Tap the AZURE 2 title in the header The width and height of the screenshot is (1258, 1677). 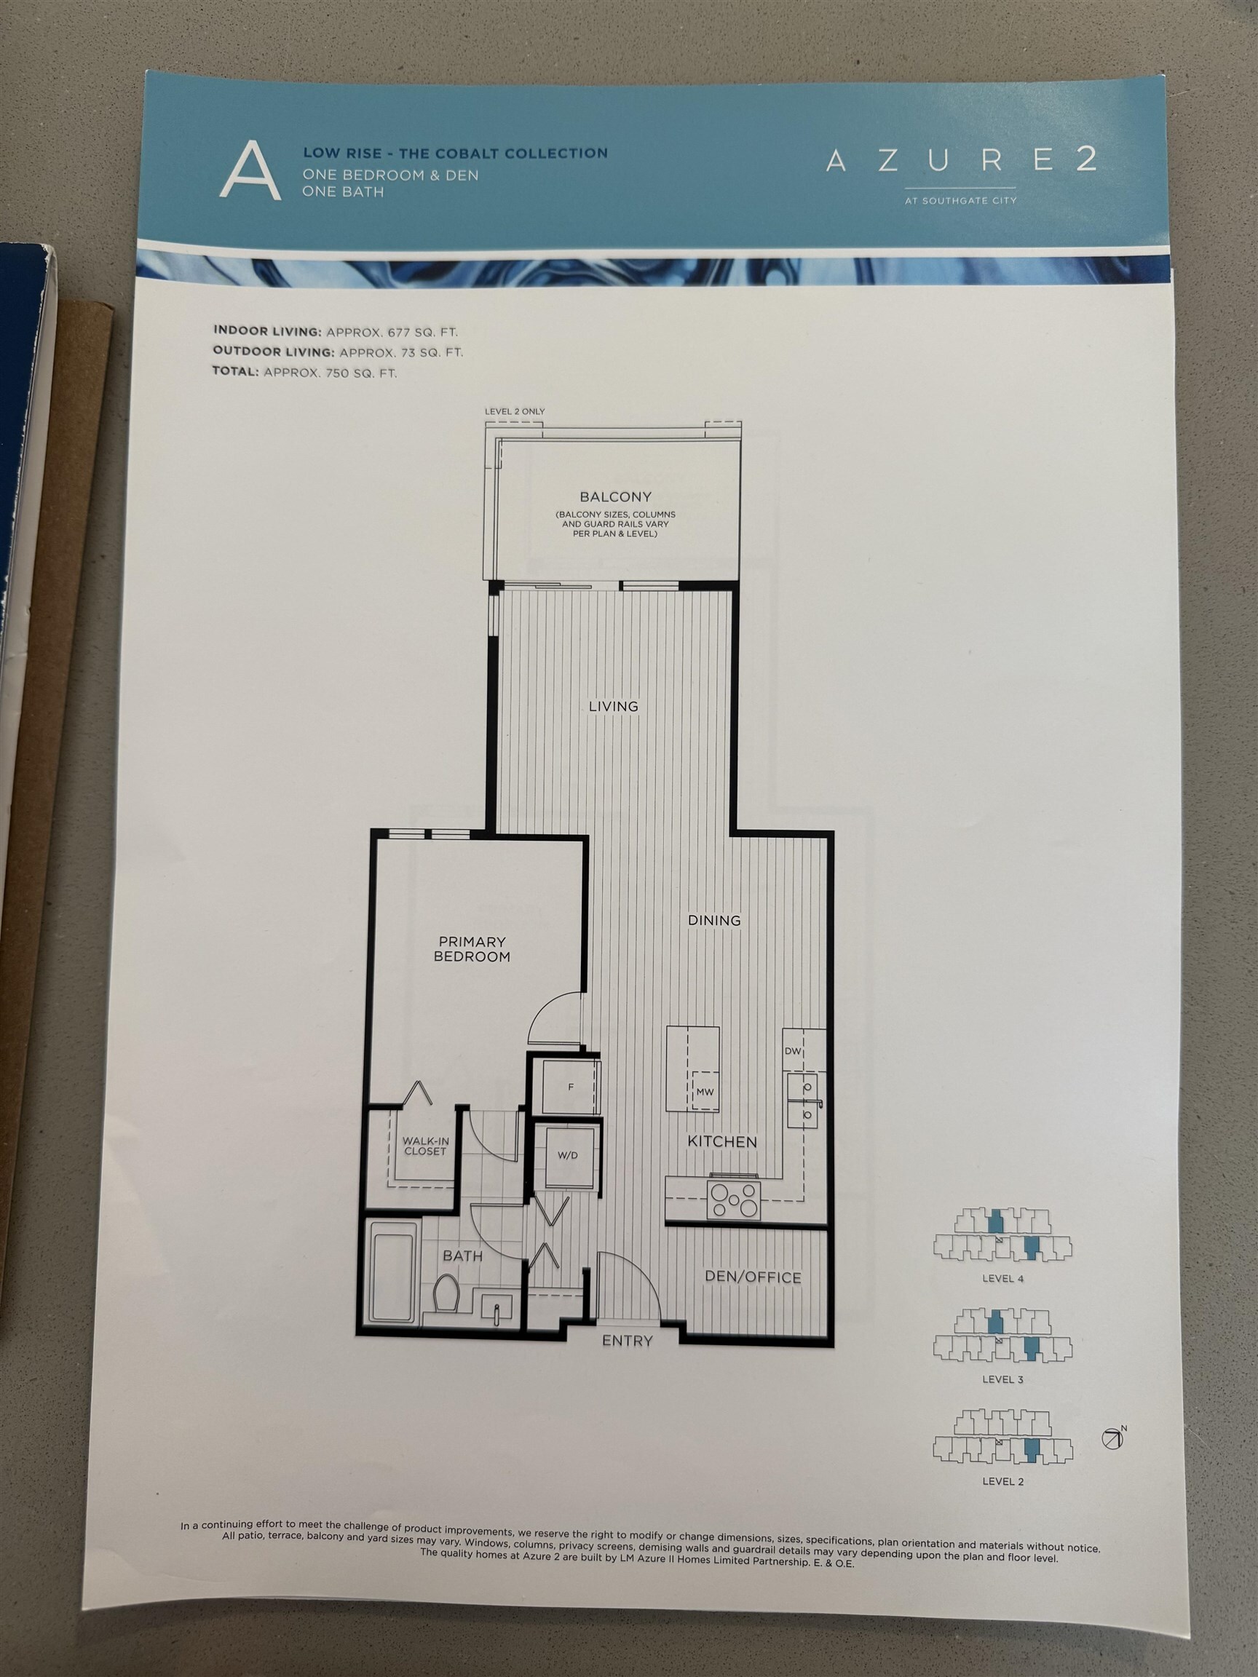click(961, 159)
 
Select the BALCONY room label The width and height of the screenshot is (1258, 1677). click(615, 496)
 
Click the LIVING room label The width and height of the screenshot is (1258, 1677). click(614, 706)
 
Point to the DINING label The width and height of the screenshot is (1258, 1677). click(713, 919)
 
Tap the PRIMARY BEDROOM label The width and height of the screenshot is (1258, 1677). click(472, 948)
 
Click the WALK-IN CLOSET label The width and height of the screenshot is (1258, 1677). click(425, 1146)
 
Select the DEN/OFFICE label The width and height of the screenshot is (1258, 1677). click(753, 1277)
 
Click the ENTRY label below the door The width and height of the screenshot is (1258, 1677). click(627, 1341)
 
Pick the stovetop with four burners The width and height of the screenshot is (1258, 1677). click(733, 1200)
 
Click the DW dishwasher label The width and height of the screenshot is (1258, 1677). click(792, 1051)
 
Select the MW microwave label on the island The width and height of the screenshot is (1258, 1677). click(705, 1092)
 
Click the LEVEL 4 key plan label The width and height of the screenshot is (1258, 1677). click(1002, 1277)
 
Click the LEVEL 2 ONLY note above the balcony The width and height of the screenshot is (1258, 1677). click(515, 411)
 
